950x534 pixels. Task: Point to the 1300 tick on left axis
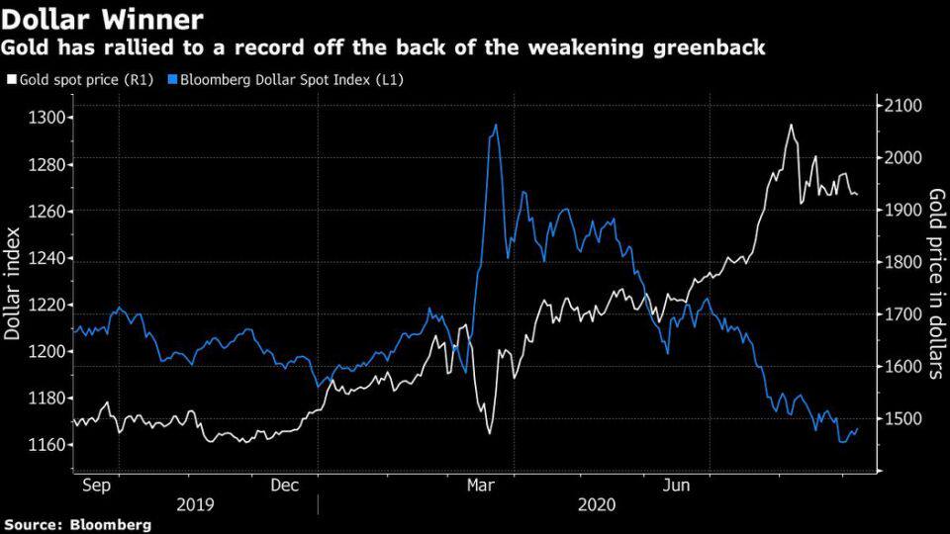[x=47, y=118]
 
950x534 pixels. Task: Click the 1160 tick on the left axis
[x=47, y=445]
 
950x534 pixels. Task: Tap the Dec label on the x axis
[x=284, y=486]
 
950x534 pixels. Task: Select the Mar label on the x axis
[x=481, y=486]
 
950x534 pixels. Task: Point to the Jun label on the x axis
[x=676, y=486]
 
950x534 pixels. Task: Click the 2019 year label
[x=196, y=504]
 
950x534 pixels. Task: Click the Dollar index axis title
[x=13, y=282]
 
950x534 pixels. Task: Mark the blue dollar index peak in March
[x=495, y=126]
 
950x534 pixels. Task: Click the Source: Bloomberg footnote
[x=77, y=525]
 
